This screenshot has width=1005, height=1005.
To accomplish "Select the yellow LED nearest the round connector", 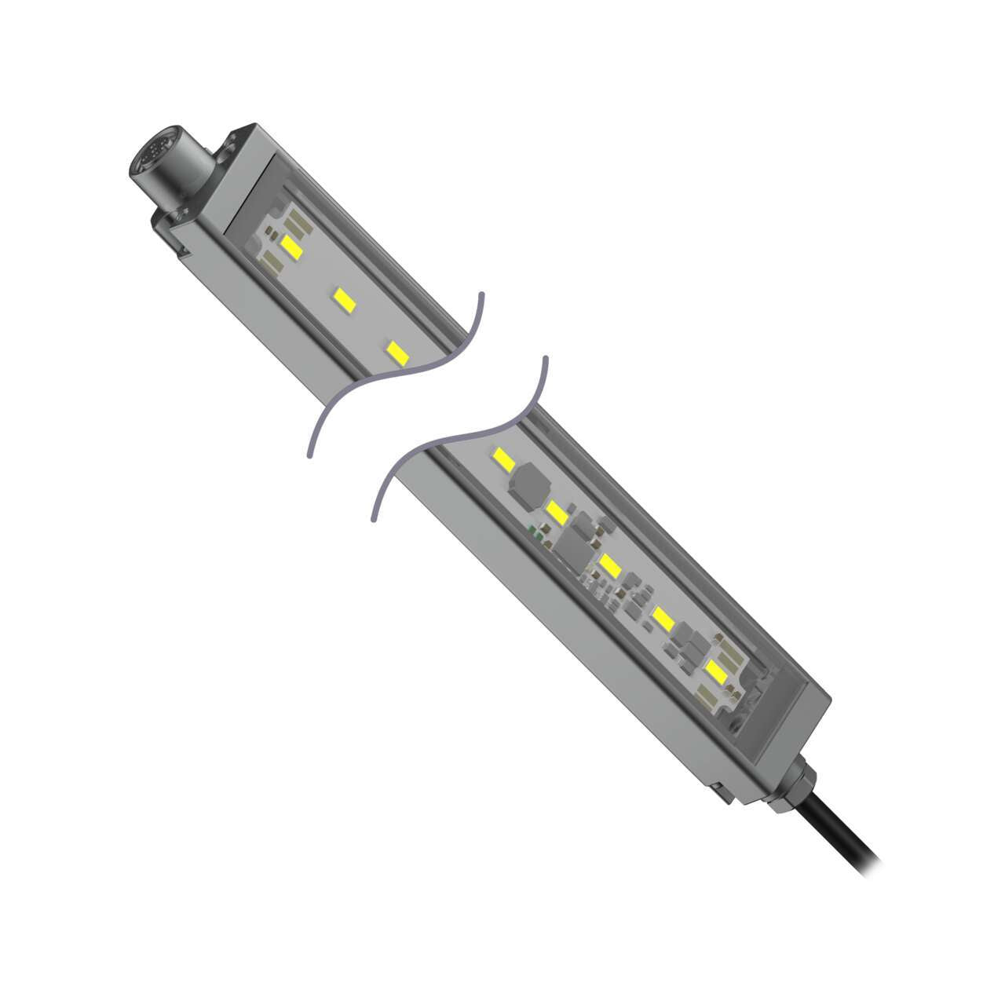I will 292,247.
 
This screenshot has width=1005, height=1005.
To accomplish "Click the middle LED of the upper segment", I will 342,298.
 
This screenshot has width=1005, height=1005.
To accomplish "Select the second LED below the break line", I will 557,513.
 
